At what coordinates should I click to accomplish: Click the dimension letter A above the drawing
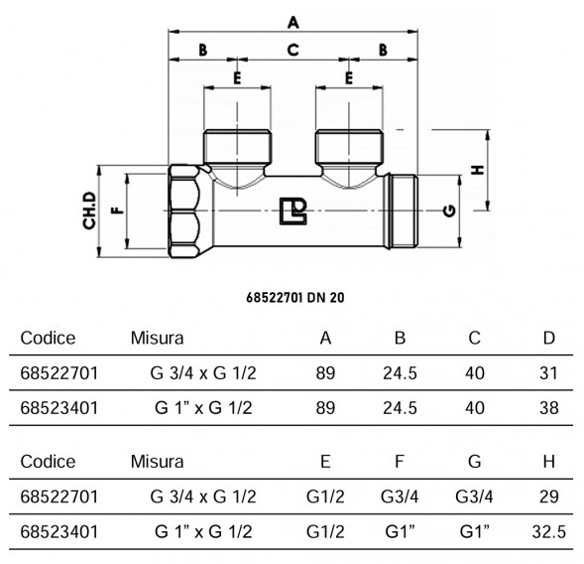(x=293, y=23)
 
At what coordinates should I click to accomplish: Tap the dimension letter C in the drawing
(x=293, y=50)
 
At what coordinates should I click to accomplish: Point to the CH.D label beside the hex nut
(x=89, y=211)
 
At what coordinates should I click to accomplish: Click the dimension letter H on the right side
(x=478, y=170)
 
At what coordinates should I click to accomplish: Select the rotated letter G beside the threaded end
(x=450, y=211)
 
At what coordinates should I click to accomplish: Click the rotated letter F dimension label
(x=118, y=211)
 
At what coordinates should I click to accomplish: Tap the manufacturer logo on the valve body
(x=293, y=211)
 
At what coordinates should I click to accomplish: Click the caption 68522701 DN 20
(x=295, y=298)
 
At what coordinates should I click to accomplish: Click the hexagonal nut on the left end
(x=184, y=211)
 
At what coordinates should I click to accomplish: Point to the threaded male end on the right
(x=403, y=211)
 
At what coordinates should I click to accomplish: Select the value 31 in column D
(x=548, y=373)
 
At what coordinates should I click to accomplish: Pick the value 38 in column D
(x=548, y=408)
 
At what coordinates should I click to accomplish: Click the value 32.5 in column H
(x=548, y=531)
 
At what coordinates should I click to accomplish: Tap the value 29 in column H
(x=548, y=496)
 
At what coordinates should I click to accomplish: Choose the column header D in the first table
(x=549, y=338)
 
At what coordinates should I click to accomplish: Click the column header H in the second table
(x=549, y=462)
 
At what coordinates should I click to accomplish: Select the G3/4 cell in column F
(x=400, y=496)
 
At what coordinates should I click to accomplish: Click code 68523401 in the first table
(x=59, y=408)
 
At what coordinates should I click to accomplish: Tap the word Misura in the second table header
(x=157, y=462)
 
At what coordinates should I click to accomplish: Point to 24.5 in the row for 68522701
(x=400, y=373)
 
